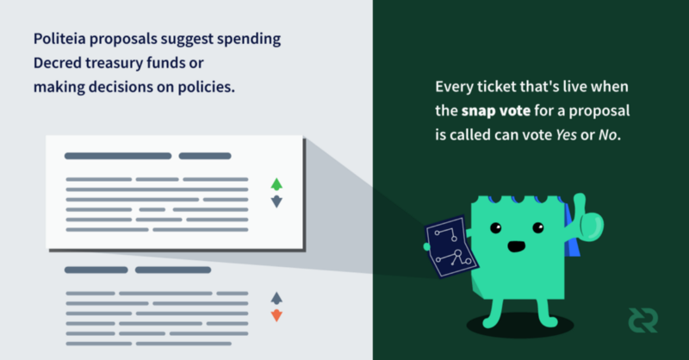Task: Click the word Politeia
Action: tap(59, 39)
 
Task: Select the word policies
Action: tap(206, 87)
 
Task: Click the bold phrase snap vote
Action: tap(496, 110)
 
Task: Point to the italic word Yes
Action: tap(566, 134)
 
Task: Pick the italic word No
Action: tap(608, 134)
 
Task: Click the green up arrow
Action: tap(276, 184)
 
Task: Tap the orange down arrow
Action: tap(276, 315)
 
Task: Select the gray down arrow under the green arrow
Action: tap(276, 202)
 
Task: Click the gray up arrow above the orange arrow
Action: tap(276, 299)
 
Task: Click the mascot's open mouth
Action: tap(516, 246)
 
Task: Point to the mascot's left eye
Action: tap(496, 227)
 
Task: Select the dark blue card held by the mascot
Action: tap(450, 246)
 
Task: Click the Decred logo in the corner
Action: tap(642, 320)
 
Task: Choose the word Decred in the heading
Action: tap(58, 63)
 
